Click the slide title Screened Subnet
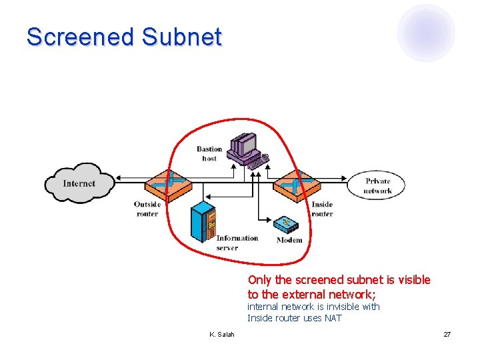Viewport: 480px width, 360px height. point(124,37)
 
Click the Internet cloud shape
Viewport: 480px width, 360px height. point(79,183)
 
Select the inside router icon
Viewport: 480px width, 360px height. point(298,181)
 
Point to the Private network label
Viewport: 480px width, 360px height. point(377,186)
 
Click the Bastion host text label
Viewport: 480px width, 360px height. point(209,153)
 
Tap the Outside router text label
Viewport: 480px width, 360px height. point(147,209)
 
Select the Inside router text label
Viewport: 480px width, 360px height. point(322,209)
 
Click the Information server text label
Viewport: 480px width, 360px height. point(237,243)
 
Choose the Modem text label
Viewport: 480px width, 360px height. point(289,240)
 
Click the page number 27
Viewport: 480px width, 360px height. point(447,334)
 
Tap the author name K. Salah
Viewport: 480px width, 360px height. point(221,334)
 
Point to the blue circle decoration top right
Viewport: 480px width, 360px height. point(426,32)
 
